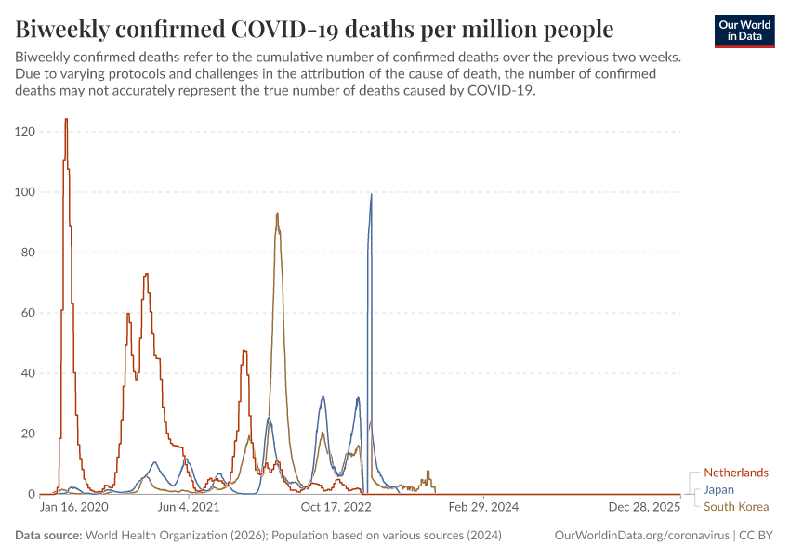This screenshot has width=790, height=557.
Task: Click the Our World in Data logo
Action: [x=744, y=31]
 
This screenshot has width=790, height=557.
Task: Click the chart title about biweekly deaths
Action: [x=314, y=30]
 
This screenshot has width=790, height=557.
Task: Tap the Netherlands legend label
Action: [x=735, y=473]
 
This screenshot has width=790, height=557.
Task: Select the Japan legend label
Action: [x=719, y=489]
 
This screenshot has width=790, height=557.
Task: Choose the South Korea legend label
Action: [x=736, y=506]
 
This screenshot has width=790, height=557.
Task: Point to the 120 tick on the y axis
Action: [x=25, y=132]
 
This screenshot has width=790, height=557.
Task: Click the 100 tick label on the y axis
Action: [x=25, y=192]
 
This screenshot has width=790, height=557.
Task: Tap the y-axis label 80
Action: [x=28, y=253]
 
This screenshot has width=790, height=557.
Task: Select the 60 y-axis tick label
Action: [x=28, y=313]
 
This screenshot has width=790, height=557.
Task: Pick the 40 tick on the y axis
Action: [x=28, y=373]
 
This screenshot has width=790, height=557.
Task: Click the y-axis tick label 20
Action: [x=28, y=434]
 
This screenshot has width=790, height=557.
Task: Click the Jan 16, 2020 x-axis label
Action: [x=74, y=508]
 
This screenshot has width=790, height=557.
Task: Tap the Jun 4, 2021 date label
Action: [x=188, y=508]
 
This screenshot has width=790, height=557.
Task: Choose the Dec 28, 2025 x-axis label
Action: [x=645, y=508]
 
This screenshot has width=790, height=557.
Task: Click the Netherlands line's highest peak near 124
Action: [x=66, y=119]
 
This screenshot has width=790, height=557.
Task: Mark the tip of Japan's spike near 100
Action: [x=372, y=194]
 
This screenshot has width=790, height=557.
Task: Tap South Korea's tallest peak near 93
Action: [x=277, y=214]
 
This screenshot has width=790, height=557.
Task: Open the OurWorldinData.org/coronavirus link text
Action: [x=640, y=536]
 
